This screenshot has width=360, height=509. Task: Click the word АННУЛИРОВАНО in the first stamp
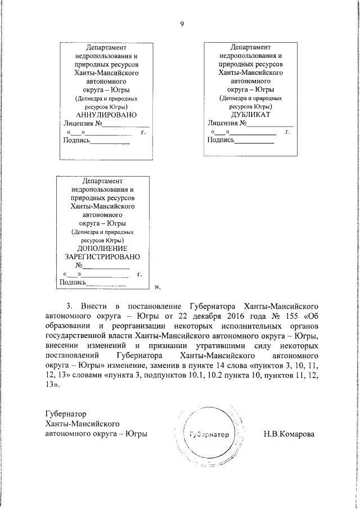pyautogui.click(x=106, y=115)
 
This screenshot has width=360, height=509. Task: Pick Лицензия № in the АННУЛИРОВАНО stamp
pyautogui.click(x=80, y=124)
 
